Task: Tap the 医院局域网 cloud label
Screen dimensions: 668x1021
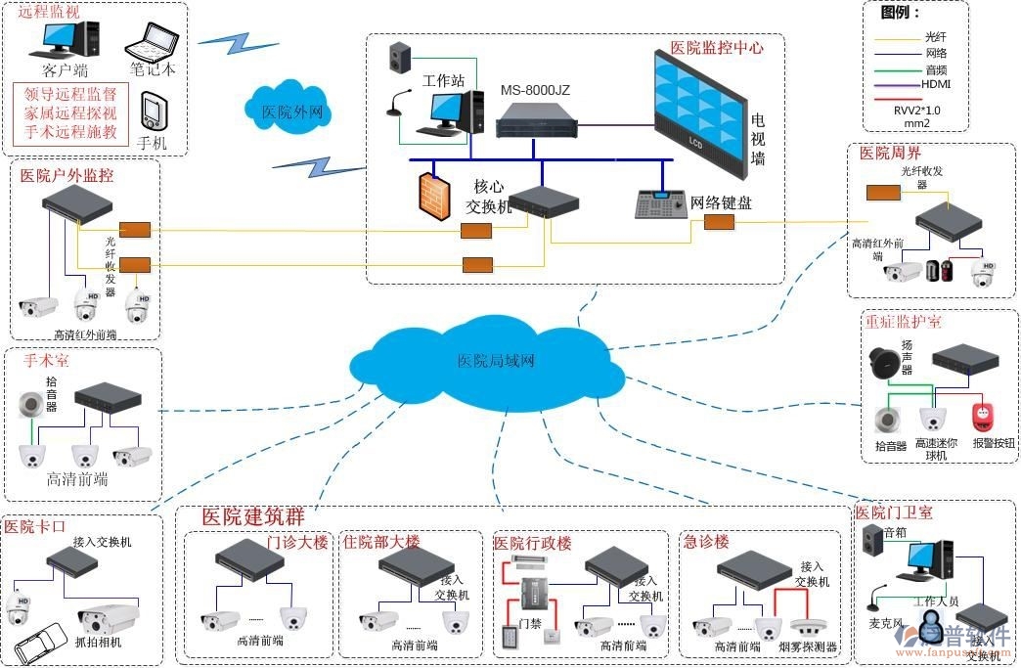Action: pyautogui.click(x=496, y=361)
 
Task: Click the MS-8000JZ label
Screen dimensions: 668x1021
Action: pyautogui.click(x=535, y=90)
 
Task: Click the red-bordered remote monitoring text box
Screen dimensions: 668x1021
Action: pyautogui.click(x=70, y=113)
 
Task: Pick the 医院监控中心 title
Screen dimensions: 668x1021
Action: pyautogui.click(x=716, y=47)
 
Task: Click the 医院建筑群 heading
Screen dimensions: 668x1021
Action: pyautogui.click(x=253, y=516)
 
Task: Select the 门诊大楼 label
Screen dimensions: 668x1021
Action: pyautogui.click(x=297, y=542)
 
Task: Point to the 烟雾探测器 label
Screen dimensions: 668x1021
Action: pyautogui.click(x=808, y=646)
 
